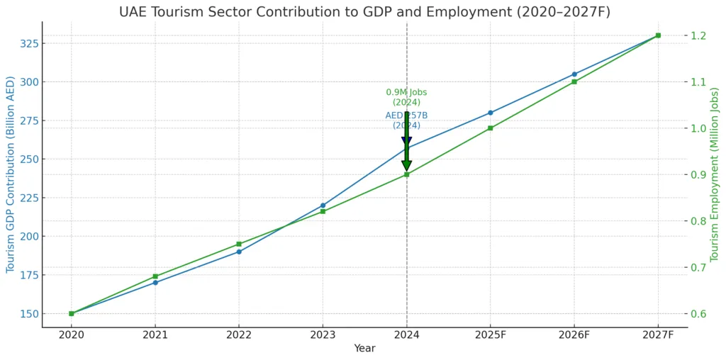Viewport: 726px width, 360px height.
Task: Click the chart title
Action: (364, 11)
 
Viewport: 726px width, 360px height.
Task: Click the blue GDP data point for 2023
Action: (323, 206)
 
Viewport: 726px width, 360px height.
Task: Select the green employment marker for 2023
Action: (323, 211)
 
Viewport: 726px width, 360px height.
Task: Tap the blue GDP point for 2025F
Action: (490, 113)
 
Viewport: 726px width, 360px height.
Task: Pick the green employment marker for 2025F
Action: (490, 128)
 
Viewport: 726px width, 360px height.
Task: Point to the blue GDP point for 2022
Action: (239, 252)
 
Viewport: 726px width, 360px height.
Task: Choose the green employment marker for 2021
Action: (155, 276)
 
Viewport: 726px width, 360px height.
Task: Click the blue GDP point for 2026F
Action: (574, 74)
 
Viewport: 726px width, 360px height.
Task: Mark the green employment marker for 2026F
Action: (574, 82)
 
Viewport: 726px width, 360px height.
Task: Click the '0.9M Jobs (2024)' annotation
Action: (406, 98)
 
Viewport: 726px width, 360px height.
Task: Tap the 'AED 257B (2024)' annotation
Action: (406, 120)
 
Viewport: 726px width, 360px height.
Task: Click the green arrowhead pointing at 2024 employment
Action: (406, 167)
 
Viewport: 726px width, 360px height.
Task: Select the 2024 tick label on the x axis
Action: (406, 334)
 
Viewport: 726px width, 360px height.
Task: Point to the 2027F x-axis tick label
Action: (658, 334)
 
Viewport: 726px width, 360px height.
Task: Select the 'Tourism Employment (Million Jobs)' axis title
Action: (715, 174)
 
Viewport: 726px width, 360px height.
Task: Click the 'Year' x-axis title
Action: (364, 349)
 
